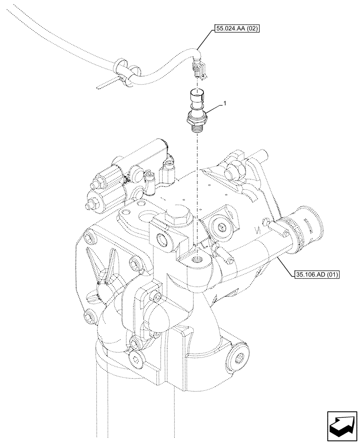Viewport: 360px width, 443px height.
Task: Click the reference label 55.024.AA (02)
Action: point(237,30)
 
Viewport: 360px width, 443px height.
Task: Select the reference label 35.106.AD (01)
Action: point(316,275)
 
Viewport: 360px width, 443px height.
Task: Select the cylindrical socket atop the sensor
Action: point(195,96)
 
